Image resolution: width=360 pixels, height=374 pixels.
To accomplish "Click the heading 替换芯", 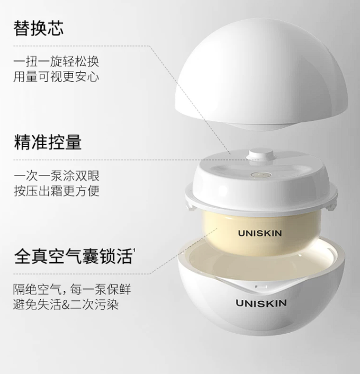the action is (x=39, y=29).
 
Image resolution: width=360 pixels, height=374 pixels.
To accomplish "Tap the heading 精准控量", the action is (x=48, y=142).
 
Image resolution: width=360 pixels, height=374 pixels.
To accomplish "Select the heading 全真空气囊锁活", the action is (x=74, y=256).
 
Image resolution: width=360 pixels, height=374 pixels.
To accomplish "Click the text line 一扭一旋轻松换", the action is (x=56, y=62).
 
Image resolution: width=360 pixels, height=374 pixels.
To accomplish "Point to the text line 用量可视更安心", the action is (x=56, y=77).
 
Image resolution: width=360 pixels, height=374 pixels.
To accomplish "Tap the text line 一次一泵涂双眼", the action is (x=57, y=176).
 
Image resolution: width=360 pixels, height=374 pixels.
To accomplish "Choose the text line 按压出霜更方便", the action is (x=57, y=191).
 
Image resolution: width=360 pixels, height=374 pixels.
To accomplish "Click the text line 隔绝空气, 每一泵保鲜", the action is (x=72, y=289).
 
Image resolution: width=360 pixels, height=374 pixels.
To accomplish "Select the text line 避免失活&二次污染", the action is (x=66, y=305).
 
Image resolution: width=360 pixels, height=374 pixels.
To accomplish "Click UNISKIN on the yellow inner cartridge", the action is (x=260, y=233).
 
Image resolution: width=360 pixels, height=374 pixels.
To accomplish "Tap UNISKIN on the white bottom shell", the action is (x=262, y=303).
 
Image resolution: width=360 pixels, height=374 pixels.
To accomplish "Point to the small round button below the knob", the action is (x=261, y=175).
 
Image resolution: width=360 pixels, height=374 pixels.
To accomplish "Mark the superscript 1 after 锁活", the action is (x=134, y=250).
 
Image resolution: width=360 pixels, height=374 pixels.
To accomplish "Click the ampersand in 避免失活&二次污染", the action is (x=65, y=305).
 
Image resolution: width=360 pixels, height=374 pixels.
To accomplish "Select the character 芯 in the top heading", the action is (x=56, y=29).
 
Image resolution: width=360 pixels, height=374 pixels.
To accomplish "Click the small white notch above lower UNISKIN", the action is (x=262, y=287).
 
